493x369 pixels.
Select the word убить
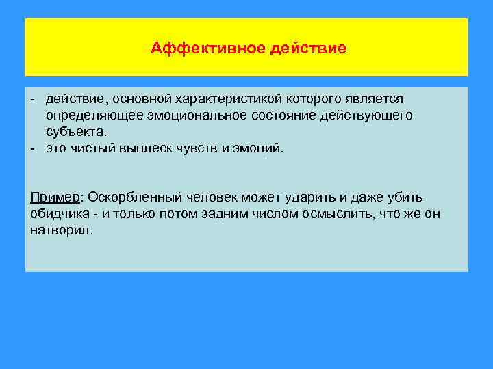click(407, 197)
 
